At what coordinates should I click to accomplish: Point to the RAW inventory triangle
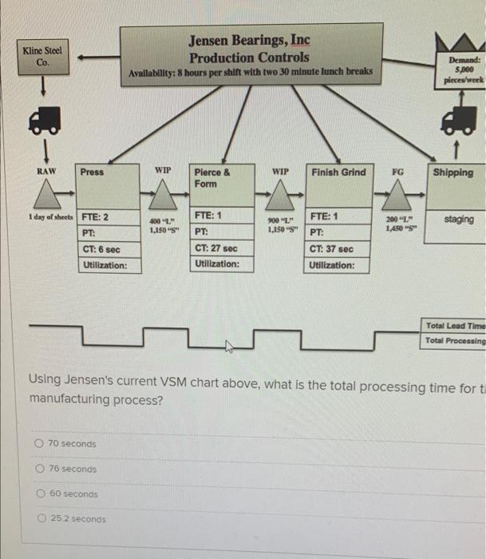coord(46,194)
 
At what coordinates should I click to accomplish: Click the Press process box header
coord(93,172)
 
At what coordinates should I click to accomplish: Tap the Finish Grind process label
coord(338,172)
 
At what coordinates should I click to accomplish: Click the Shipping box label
coord(453,172)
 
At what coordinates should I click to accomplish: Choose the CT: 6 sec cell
coord(101,249)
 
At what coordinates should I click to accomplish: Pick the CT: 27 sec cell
coord(215,248)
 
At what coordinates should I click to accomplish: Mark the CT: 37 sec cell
coord(330,249)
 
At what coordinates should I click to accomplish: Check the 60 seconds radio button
coord(41,494)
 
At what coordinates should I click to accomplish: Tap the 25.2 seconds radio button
coord(41,519)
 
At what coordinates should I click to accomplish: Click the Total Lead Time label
coord(455,326)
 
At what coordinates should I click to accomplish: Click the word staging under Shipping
coord(459,219)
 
